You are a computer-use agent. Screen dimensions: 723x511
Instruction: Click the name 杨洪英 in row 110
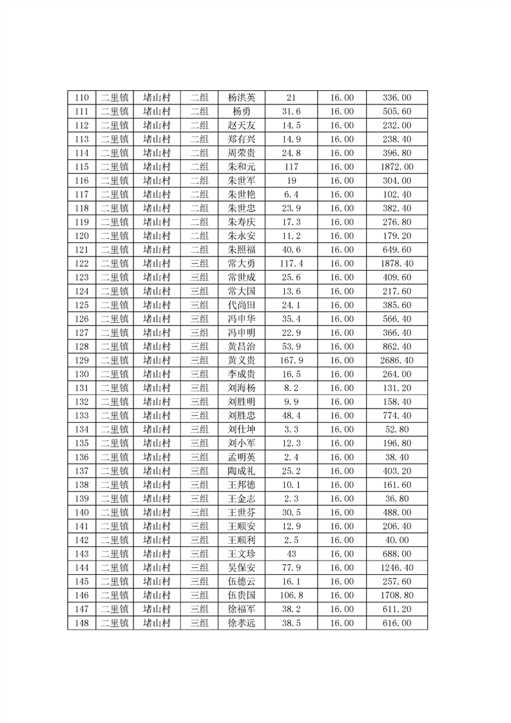(242, 98)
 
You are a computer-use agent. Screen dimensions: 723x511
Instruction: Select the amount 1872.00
(397, 167)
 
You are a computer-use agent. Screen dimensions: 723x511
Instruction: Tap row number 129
(82, 360)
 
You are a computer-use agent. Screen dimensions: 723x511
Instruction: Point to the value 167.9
(291, 360)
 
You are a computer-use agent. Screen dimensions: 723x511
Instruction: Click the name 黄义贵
(242, 360)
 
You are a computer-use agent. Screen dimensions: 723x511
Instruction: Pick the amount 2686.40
(397, 360)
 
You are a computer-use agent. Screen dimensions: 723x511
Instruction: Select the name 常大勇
(242, 264)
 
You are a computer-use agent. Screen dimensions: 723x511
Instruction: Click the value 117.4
(291, 264)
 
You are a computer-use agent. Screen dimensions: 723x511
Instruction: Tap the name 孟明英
(242, 457)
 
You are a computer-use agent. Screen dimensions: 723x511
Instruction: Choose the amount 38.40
(397, 457)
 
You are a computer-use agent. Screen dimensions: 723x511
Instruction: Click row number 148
(82, 622)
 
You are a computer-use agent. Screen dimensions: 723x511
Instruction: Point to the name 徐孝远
(242, 622)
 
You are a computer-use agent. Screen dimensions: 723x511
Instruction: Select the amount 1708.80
(397, 595)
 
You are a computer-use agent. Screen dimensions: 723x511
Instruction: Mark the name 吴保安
(242, 567)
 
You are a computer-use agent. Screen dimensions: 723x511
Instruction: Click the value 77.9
(291, 567)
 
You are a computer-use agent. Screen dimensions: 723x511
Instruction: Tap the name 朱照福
(242, 250)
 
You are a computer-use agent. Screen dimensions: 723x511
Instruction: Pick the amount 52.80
(397, 429)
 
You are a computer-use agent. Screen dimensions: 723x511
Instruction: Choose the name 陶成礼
(242, 470)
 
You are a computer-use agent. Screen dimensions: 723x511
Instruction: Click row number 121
(82, 250)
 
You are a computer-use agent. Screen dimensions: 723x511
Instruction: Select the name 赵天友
(242, 126)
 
